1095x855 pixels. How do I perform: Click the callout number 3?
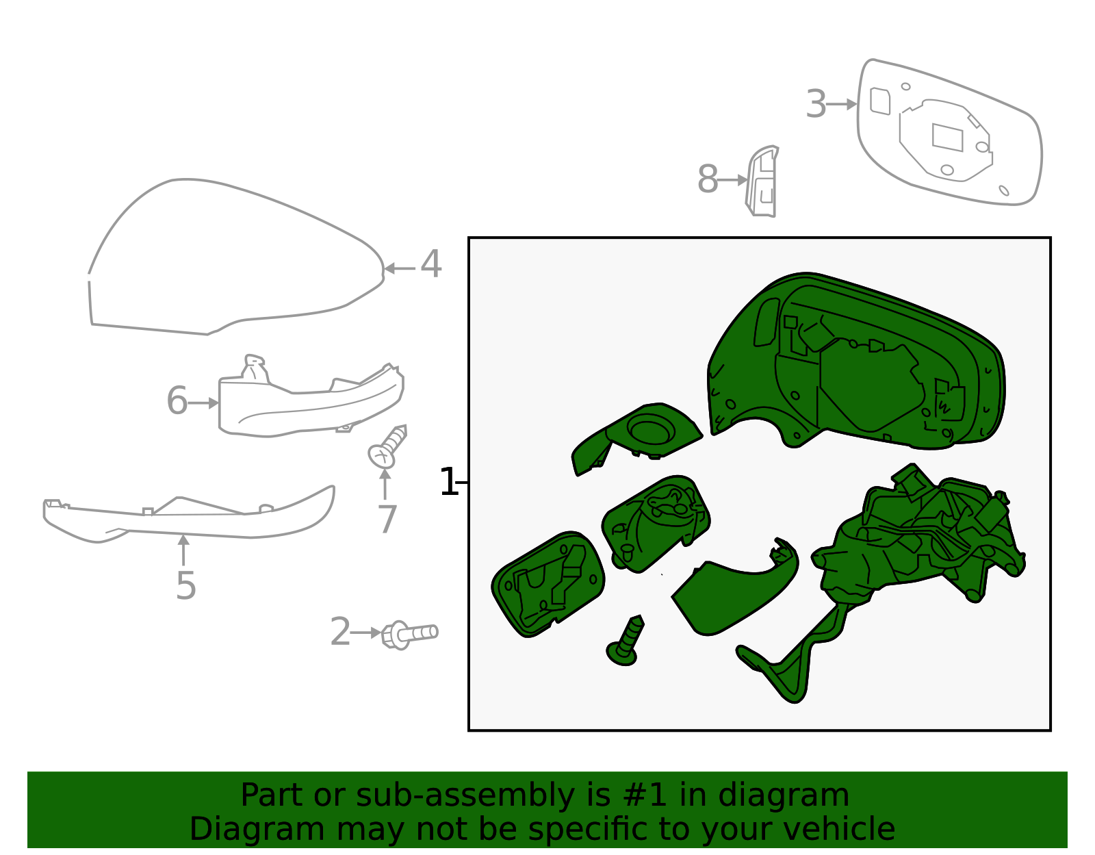tap(816, 105)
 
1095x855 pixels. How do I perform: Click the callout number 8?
tap(708, 180)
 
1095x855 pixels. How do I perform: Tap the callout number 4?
tap(430, 265)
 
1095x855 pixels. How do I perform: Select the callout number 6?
tap(177, 401)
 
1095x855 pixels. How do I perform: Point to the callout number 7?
tap(387, 520)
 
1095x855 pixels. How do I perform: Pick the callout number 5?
tap(185, 586)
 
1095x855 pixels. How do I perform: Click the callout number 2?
tap(340, 632)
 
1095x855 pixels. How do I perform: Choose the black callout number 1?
tap(448, 483)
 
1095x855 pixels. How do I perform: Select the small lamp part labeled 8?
tap(762, 182)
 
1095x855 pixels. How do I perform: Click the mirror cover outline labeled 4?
tap(233, 260)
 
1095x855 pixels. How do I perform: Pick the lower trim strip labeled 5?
tap(192, 520)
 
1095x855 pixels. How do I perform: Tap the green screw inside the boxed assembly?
tap(626, 641)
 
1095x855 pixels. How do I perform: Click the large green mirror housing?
tap(855, 363)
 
